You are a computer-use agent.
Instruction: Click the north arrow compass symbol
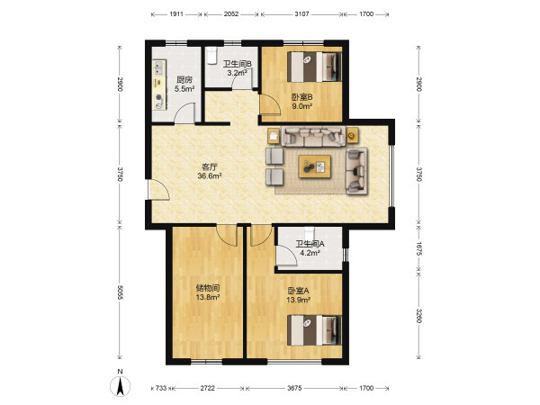point(121,386)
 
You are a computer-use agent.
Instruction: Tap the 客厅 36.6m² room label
point(210,172)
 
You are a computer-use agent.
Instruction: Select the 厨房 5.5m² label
point(184,85)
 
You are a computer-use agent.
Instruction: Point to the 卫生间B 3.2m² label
point(238,68)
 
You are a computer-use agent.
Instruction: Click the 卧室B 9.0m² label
point(302,102)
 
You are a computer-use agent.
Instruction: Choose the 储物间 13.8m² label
point(208,292)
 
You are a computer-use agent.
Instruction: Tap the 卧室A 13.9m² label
point(299,295)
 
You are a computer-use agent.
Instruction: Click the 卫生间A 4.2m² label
point(310,248)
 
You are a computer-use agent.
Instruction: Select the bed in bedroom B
point(314,67)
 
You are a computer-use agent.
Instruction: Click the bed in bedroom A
point(314,330)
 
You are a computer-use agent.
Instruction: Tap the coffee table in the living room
point(315,166)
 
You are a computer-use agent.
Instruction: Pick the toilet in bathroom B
point(211,56)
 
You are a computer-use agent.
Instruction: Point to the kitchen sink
point(158,67)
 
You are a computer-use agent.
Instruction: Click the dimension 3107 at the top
point(301,14)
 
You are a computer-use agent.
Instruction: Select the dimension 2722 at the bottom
point(207,388)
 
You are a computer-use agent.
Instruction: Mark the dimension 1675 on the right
point(418,248)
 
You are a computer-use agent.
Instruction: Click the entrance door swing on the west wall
point(158,190)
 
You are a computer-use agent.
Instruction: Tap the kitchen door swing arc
point(184,112)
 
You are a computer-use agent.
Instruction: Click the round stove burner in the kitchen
point(158,98)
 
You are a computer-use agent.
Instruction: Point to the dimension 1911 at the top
point(176,14)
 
